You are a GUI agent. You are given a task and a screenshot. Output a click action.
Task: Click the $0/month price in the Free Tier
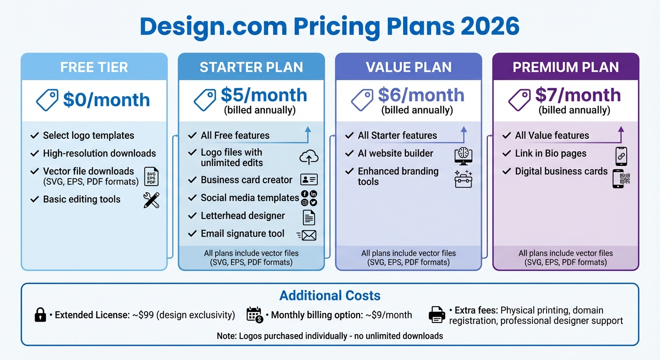[x=106, y=100]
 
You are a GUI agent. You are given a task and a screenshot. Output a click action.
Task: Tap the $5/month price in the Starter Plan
[x=263, y=95]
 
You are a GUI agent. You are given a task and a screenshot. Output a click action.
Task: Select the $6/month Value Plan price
[x=421, y=95]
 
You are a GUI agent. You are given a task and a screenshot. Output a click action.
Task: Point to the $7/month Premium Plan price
[x=578, y=95]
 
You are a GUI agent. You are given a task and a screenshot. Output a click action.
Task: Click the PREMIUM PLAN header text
[x=566, y=67]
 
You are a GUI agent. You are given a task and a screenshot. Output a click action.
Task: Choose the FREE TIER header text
[x=94, y=67]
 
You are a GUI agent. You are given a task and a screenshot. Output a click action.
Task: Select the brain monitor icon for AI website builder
[x=464, y=156]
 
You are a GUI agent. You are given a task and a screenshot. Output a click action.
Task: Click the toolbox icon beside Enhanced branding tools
[x=464, y=180]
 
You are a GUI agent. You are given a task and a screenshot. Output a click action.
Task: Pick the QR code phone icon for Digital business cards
[x=622, y=179]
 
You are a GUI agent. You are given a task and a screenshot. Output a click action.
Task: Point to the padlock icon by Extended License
[x=41, y=315]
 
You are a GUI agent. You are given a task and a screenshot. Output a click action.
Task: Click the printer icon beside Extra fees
[x=437, y=315]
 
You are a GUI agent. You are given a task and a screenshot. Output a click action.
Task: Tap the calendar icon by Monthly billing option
[x=255, y=315]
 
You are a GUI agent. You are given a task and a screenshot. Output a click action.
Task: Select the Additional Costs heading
[x=330, y=296]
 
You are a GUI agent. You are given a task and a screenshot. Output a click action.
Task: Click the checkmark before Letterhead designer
[x=192, y=216]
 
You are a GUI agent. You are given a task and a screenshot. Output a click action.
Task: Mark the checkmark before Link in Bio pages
[x=506, y=153]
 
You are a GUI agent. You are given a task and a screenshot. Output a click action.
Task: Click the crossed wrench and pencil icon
[x=151, y=200]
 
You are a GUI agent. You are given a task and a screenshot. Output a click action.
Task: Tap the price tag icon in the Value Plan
[x=362, y=100]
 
